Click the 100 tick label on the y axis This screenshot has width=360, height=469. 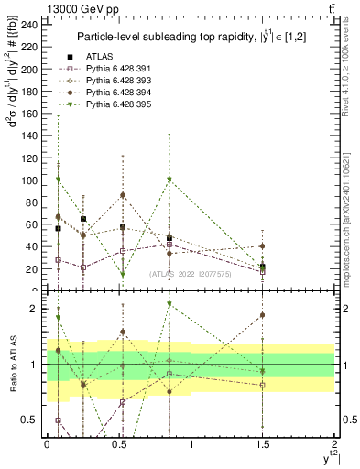30,180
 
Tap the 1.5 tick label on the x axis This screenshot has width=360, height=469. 263,443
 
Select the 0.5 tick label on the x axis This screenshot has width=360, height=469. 118,443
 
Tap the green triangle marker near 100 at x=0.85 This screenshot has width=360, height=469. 169,180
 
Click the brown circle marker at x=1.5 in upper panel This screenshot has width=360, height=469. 263,246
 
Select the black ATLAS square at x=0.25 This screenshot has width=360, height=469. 83,219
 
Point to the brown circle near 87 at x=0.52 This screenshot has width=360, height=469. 123,194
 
